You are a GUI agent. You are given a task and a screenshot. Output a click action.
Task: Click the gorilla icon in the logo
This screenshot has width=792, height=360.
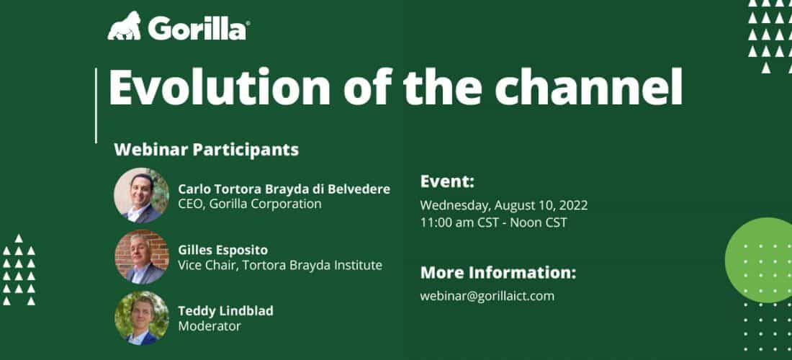click(125, 26)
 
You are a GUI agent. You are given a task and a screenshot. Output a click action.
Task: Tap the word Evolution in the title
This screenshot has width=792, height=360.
click(219, 87)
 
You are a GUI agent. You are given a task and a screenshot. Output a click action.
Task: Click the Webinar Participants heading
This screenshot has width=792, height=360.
click(206, 150)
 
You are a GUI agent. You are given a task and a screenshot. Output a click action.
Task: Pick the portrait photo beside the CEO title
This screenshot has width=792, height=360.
click(141, 195)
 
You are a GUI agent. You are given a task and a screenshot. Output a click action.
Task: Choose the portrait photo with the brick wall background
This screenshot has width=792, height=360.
click(141, 257)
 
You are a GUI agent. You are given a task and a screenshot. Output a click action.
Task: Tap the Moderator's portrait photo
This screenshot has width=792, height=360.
click(141, 318)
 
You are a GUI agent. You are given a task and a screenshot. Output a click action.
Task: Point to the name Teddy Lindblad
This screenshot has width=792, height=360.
click(225, 311)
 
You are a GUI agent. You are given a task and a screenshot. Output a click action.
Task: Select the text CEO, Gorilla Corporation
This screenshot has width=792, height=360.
click(250, 204)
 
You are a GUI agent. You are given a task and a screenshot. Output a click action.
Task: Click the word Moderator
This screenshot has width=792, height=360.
click(209, 326)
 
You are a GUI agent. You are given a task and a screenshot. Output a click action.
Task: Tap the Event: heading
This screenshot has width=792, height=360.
click(447, 181)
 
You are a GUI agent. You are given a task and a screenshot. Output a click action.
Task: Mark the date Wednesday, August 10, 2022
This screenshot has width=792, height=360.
click(503, 206)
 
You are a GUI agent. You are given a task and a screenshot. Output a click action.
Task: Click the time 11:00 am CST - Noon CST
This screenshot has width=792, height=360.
click(493, 222)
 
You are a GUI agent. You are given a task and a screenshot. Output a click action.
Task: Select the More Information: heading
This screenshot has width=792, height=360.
click(498, 273)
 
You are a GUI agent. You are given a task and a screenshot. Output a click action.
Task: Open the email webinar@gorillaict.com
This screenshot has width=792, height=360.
click(487, 296)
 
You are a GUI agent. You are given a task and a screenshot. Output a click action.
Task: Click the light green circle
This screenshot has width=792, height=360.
click(760, 260)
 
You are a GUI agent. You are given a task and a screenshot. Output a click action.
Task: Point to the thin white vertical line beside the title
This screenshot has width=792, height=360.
click(96, 106)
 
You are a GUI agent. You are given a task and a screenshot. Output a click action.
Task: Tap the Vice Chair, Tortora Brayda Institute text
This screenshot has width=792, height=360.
click(280, 265)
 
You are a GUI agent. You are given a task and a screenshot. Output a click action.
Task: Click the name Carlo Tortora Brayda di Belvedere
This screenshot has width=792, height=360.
click(284, 189)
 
